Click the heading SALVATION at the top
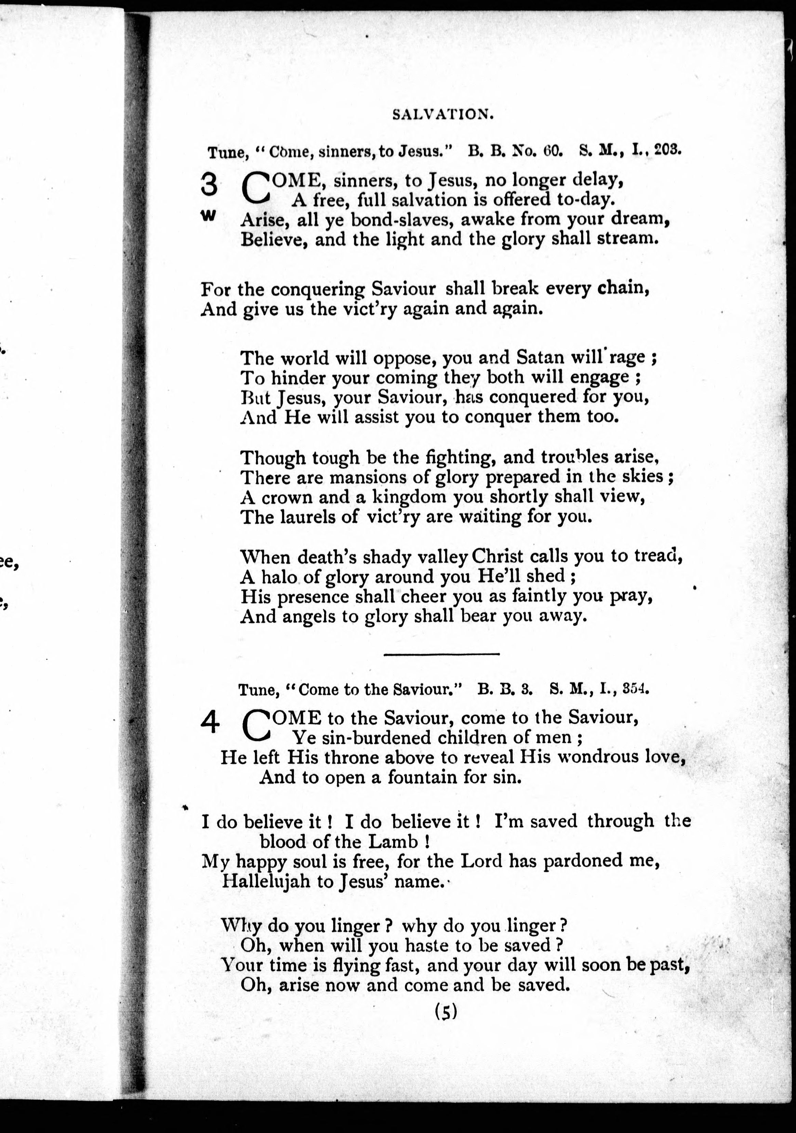pyautogui.click(x=442, y=115)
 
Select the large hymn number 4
pyautogui.click(x=210, y=724)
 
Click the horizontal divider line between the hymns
pyautogui.click(x=441, y=654)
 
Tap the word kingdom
pyautogui.click(x=408, y=497)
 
